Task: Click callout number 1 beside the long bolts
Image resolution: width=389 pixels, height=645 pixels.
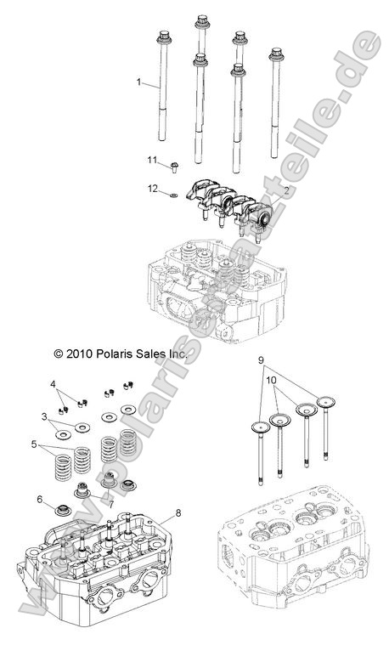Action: click(138, 82)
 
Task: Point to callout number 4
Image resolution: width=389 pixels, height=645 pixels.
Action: click(54, 386)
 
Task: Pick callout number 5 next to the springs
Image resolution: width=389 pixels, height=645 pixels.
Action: click(34, 444)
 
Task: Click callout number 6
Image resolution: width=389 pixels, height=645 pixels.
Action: click(39, 500)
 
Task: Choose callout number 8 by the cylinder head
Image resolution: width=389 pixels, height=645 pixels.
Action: click(178, 513)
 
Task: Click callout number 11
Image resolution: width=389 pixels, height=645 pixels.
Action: click(153, 160)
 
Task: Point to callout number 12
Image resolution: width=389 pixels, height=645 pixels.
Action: click(153, 188)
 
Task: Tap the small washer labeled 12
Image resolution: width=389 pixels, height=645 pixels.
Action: click(174, 194)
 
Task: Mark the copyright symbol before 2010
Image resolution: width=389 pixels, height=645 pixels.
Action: click(35, 352)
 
